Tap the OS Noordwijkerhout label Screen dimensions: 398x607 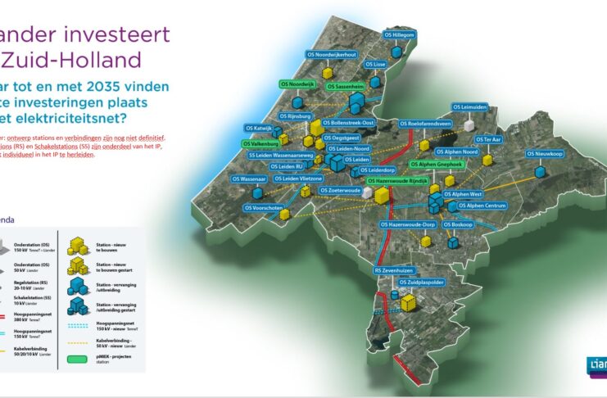(329, 54)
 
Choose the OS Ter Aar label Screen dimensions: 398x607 (491, 139)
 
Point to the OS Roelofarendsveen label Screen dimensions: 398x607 (426, 124)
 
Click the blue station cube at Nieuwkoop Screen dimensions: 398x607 (539, 172)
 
